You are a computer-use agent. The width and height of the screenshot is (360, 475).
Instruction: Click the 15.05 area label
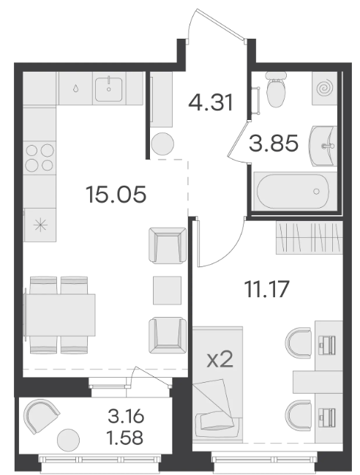116,194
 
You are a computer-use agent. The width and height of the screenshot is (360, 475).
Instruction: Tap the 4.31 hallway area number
211,102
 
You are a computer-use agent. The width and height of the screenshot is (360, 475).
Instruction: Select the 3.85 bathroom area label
274,143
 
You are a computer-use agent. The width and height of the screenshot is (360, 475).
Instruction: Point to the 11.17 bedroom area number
267,289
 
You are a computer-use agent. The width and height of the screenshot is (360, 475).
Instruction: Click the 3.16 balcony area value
126,417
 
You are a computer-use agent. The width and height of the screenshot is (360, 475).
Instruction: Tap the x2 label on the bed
220,360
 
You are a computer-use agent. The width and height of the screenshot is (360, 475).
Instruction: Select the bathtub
293,191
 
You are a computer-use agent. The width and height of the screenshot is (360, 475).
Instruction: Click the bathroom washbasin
323,146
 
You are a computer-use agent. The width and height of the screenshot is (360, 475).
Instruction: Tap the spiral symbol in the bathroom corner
325,88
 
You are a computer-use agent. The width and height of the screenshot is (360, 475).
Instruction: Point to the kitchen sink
109,89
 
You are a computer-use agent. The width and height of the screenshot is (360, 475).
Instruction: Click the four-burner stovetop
40,157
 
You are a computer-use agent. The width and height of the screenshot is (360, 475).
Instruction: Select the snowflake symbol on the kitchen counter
40,226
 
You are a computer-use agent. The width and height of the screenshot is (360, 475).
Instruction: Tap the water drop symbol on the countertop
75,89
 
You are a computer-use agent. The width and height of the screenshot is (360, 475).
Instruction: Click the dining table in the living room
60,315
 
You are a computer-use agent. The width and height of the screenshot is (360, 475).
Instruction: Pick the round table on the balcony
69,440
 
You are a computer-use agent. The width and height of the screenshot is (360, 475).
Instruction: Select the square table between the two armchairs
167,290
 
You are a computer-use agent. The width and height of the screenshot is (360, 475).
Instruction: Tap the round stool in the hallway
162,143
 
